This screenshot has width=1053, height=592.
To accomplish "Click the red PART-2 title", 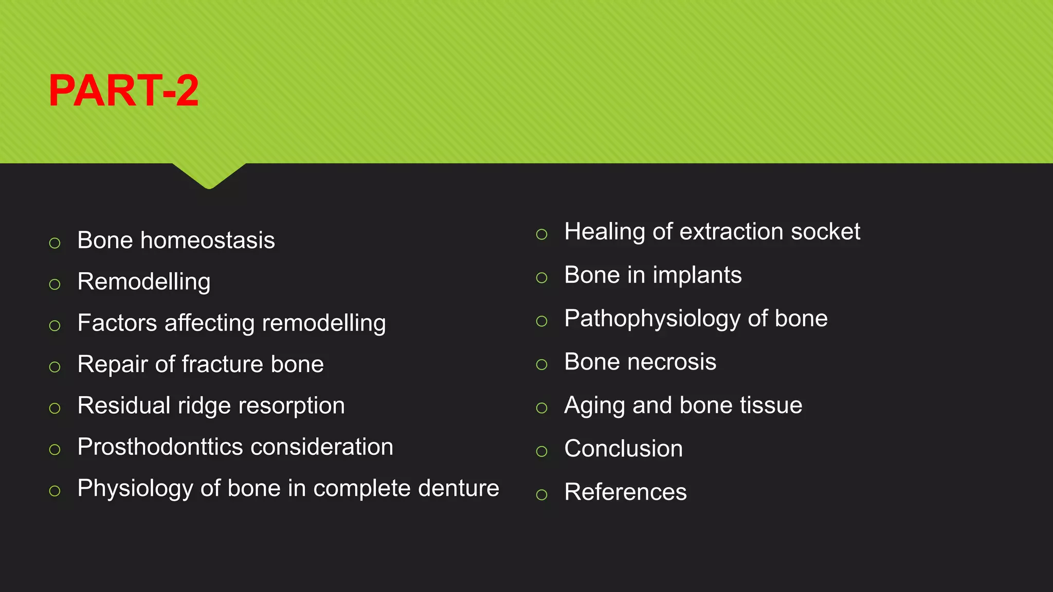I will click(123, 90).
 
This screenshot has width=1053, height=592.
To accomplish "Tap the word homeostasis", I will click(208, 240).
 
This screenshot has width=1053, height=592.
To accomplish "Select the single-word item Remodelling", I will click(144, 282).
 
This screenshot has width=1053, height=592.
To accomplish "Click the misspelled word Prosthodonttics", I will click(160, 447).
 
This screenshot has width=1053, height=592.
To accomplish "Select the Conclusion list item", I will click(624, 449).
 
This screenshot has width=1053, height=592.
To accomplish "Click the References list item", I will click(625, 492).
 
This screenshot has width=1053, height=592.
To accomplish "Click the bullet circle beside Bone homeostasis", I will click(55, 243).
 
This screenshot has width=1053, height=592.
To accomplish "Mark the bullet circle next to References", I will click(541, 495).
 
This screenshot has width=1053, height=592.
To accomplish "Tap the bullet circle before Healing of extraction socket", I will click(541, 234).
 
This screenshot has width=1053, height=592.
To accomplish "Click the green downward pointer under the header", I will click(209, 176).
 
